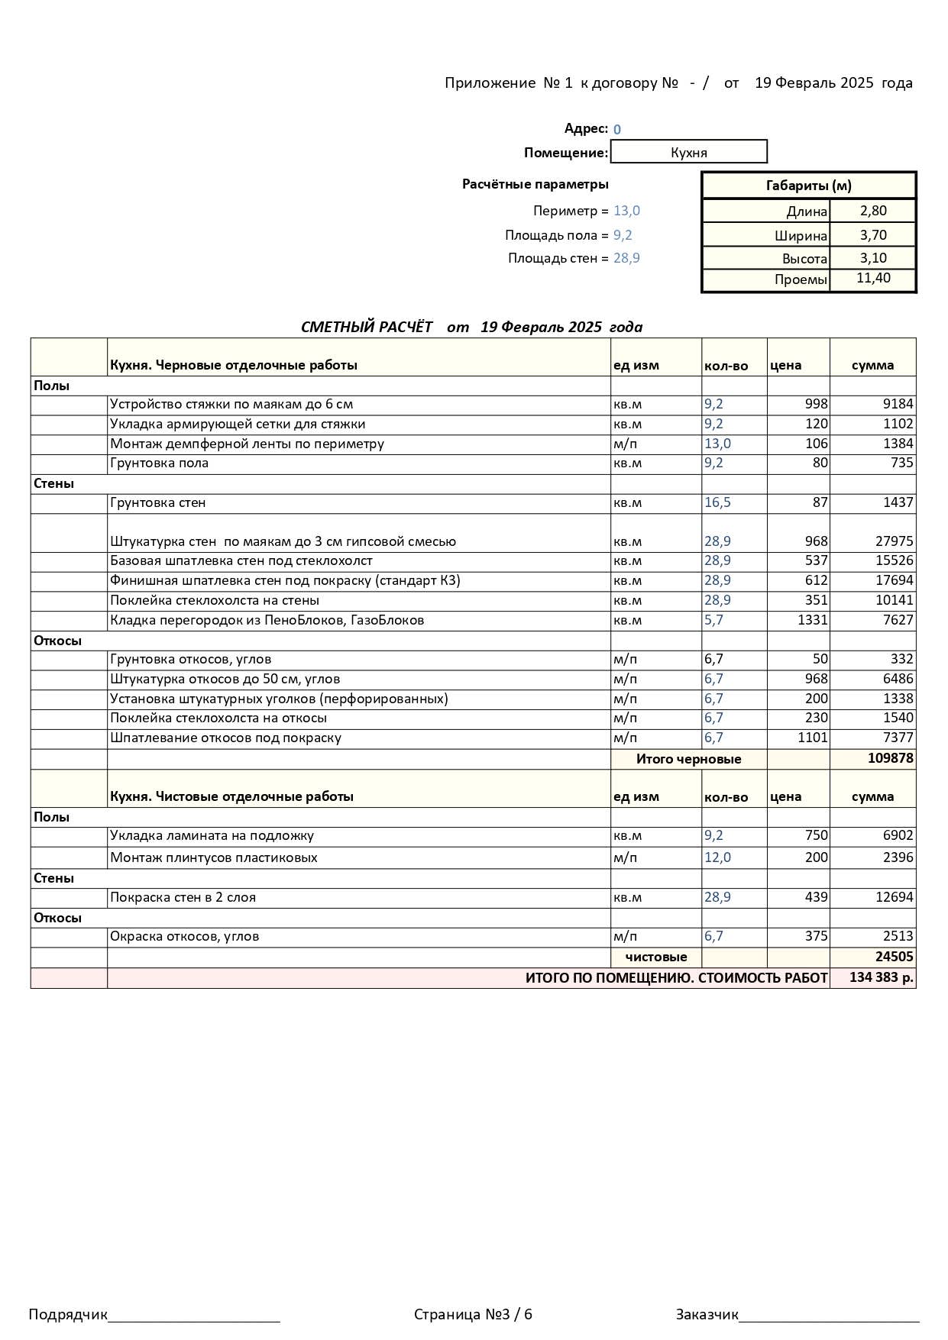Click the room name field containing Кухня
(688, 152)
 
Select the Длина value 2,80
(873, 211)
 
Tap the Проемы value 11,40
(873, 278)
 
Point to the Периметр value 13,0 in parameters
(626, 211)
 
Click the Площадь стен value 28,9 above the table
(626, 258)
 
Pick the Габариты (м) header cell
(808, 186)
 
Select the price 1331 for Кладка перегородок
(812, 620)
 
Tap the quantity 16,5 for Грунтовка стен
(717, 502)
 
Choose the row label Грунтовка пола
(159, 463)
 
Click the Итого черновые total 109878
(890, 758)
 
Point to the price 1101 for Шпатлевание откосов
(812, 738)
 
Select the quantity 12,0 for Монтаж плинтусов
(717, 857)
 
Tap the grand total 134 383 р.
(881, 977)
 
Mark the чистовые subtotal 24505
(894, 957)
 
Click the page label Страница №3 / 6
(473, 1314)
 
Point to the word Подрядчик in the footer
(68, 1314)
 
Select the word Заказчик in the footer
(707, 1314)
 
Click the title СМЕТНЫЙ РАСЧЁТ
(367, 327)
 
